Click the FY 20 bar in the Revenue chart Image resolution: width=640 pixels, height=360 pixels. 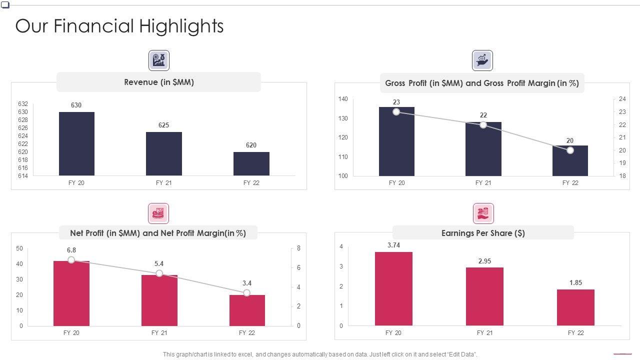coord(76,143)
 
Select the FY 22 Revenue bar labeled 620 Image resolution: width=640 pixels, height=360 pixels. coord(251,163)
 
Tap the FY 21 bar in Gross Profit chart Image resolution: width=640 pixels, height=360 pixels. coord(483,149)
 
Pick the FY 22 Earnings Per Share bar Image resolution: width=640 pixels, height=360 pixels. coord(575,307)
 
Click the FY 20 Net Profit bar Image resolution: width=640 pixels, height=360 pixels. coord(71,293)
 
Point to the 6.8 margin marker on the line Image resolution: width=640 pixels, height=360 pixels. coord(71,260)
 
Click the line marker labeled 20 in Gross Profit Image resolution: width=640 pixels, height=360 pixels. coord(570,150)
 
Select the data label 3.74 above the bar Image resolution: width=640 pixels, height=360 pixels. coord(393,245)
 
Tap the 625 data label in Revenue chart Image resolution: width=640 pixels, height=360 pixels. coord(163,125)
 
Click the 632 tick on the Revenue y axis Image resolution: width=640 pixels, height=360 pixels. coord(23,104)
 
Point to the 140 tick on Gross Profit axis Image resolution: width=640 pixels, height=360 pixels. coord(342,99)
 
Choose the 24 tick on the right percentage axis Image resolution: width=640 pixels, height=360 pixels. coord(622,99)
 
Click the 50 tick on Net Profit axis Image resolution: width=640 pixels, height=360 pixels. coord(19,248)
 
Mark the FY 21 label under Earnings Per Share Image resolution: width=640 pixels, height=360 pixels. coord(484,333)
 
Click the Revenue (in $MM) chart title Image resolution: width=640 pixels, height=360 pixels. coord(158,82)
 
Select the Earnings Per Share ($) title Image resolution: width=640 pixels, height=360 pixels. coord(482,233)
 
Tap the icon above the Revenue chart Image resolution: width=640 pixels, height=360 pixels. coord(159,60)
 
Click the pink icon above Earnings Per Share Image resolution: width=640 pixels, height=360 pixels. coord(483,213)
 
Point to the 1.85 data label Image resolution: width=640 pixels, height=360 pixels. coord(575,282)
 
